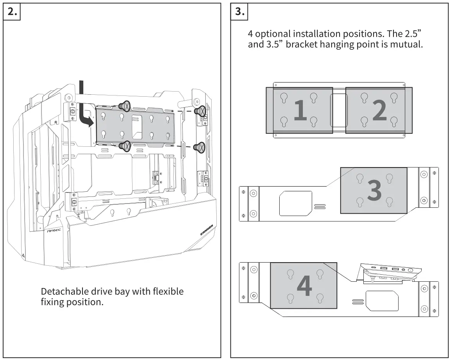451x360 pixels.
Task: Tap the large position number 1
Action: coord(300,110)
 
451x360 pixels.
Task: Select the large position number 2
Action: coord(379,110)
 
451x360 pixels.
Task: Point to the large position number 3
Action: coord(374,191)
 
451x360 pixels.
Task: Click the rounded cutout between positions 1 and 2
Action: coord(339,110)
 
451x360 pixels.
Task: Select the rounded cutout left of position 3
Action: coord(296,203)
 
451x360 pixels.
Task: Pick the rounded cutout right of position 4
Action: coord(382,301)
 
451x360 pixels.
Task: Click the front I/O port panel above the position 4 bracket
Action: coord(391,272)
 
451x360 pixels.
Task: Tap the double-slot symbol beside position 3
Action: coord(320,206)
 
